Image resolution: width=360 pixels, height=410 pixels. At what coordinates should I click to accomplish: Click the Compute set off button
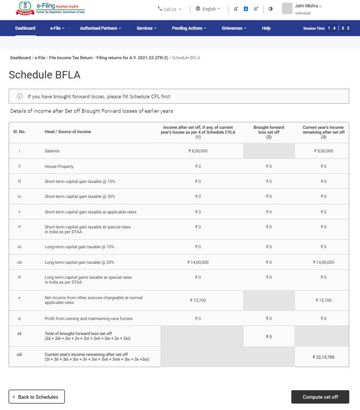(x=320, y=397)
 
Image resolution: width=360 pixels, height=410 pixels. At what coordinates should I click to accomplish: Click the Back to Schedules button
(x=37, y=397)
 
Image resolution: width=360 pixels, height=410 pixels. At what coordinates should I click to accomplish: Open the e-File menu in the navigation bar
(x=57, y=28)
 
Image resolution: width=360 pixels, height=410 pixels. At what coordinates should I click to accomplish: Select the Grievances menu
(x=234, y=28)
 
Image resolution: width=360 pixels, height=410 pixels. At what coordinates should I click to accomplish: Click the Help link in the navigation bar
(x=266, y=28)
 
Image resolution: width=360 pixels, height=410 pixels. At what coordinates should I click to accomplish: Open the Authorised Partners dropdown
(x=100, y=28)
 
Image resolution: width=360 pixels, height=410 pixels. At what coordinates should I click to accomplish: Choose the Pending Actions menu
(x=189, y=28)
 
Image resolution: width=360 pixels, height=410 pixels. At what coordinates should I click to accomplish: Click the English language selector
(x=208, y=9)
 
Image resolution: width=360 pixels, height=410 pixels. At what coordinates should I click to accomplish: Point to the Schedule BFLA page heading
(x=45, y=75)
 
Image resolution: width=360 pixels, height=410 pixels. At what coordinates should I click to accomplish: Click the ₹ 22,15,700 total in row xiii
(x=323, y=357)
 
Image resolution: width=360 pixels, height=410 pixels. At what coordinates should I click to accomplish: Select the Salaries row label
(x=52, y=151)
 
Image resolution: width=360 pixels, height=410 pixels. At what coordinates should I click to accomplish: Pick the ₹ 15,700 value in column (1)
(x=198, y=300)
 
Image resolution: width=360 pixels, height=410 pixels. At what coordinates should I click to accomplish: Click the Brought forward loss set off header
(x=268, y=130)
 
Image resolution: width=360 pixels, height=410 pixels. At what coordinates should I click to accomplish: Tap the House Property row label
(x=59, y=166)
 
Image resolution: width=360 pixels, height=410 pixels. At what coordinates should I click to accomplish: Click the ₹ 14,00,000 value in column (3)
(x=323, y=262)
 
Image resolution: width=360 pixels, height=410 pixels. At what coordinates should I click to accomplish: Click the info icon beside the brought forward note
(x=20, y=96)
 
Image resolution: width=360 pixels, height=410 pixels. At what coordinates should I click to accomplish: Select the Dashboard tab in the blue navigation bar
(x=25, y=28)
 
